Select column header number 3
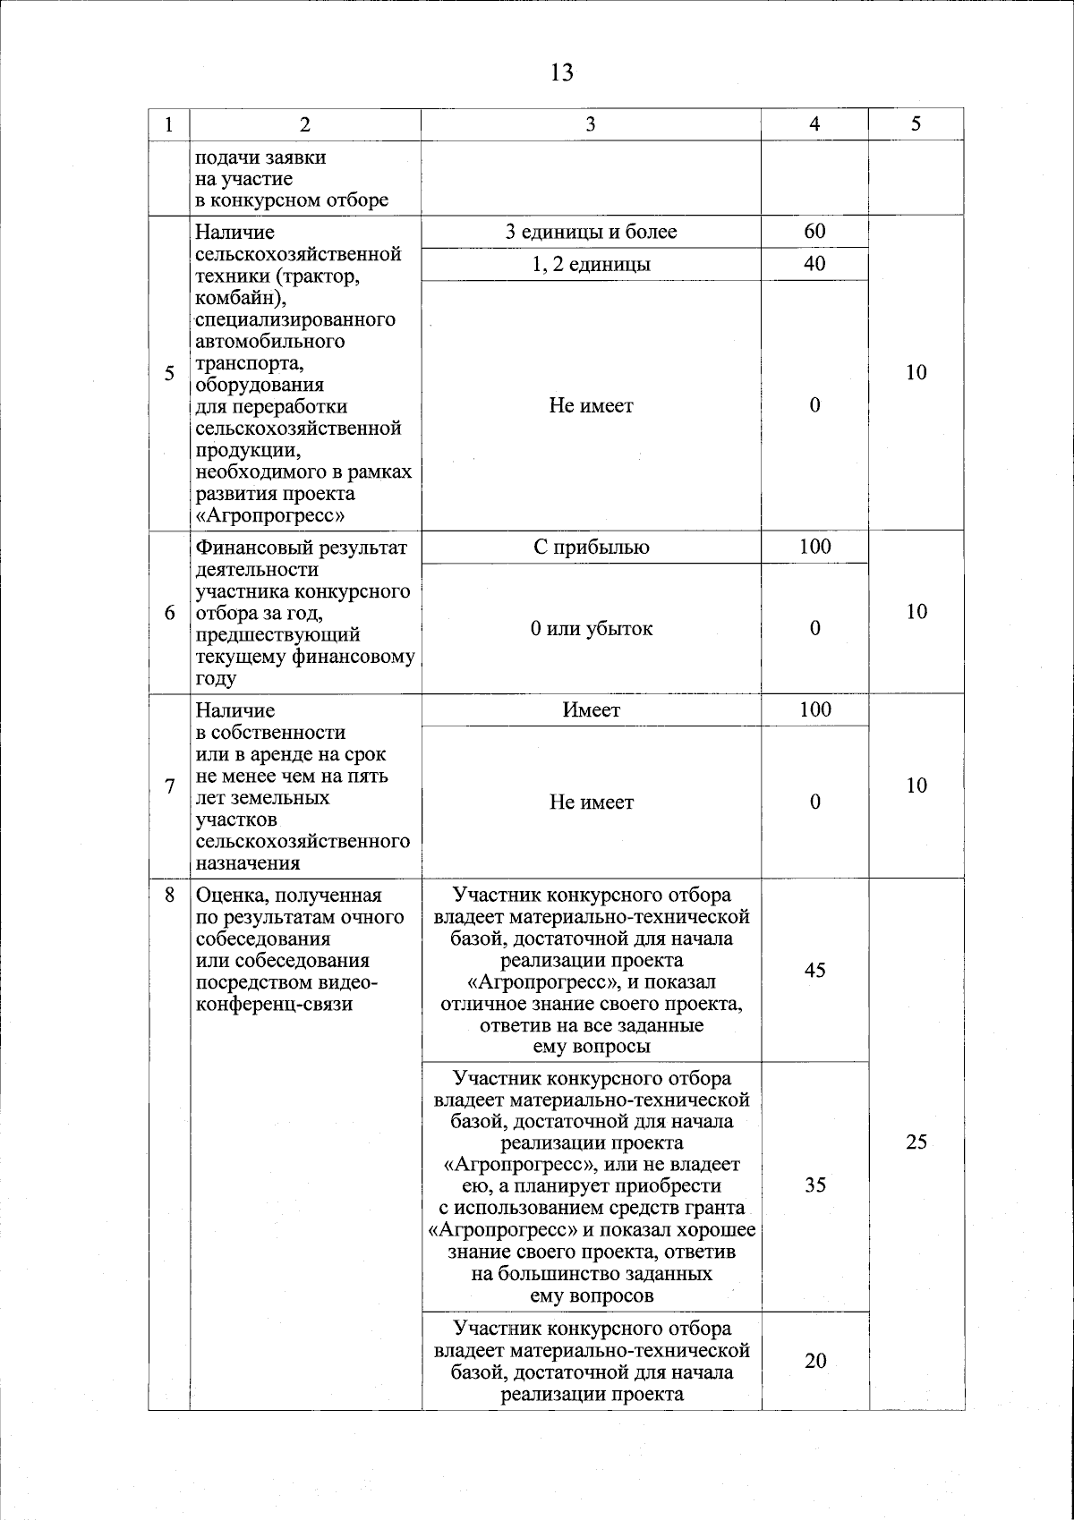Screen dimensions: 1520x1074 click(x=590, y=125)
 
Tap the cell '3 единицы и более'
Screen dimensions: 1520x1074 click(x=591, y=233)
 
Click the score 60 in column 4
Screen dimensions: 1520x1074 click(x=814, y=232)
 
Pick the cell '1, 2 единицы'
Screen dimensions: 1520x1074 click(x=591, y=265)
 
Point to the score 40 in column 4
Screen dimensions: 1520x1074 click(x=814, y=264)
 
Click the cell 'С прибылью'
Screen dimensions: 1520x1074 click(x=591, y=548)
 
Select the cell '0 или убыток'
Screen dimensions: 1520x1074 click(x=591, y=629)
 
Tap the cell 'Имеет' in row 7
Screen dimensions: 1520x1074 click(x=591, y=710)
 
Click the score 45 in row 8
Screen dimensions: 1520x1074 click(x=814, y=971)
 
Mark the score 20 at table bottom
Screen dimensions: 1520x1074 click(x=814, y=1362)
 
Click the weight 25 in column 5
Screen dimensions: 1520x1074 click(x=916, y=1143)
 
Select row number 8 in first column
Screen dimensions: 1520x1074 click(x=170, y=896)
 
